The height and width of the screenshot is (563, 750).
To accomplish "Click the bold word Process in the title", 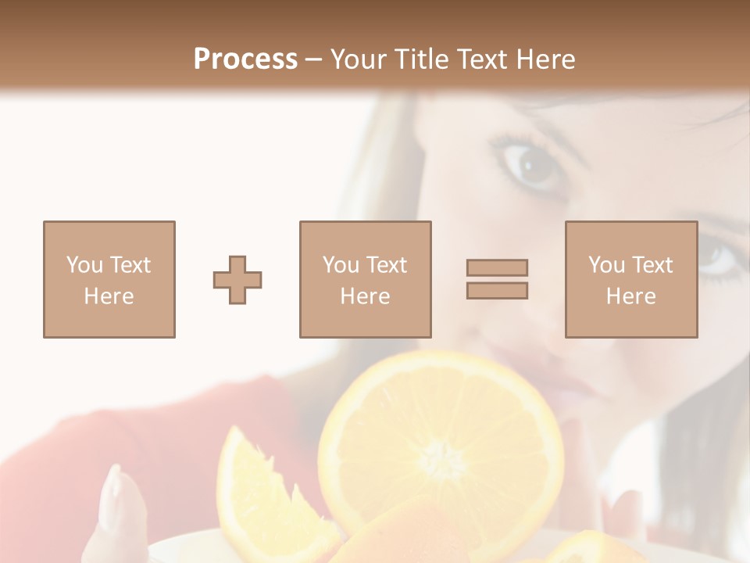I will click(245, 59).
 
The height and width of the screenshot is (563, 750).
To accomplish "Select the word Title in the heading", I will click(423, 59).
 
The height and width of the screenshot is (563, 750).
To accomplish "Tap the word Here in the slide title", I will click(544, 59).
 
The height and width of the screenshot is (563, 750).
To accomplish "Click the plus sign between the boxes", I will click(237, 280).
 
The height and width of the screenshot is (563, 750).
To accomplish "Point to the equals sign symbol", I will click(497, 279).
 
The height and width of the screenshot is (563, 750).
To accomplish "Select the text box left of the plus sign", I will click(109, 280).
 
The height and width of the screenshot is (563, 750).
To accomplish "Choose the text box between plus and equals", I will click(365, 280).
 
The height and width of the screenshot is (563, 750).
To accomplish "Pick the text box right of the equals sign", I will click(630, 280).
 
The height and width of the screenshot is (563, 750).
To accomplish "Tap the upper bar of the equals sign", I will click(497, 268).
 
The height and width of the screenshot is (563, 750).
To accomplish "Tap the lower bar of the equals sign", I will click(497, 291).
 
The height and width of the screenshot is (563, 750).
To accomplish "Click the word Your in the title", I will click(359, 59).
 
